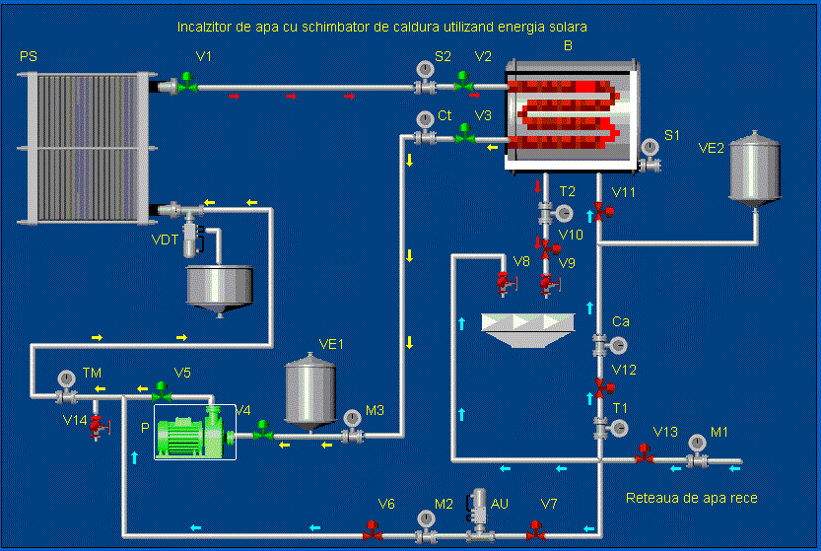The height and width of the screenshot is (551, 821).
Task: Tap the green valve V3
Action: tap(463, 138)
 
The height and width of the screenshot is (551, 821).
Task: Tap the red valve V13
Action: tap(644, 456)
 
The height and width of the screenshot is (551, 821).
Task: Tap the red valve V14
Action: tap(96, 425)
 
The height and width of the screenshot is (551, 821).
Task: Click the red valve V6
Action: tap(373, 534)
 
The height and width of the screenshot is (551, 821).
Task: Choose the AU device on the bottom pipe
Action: tap(480, 516)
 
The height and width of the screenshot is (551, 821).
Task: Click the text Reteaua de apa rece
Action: tap(691, 499)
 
